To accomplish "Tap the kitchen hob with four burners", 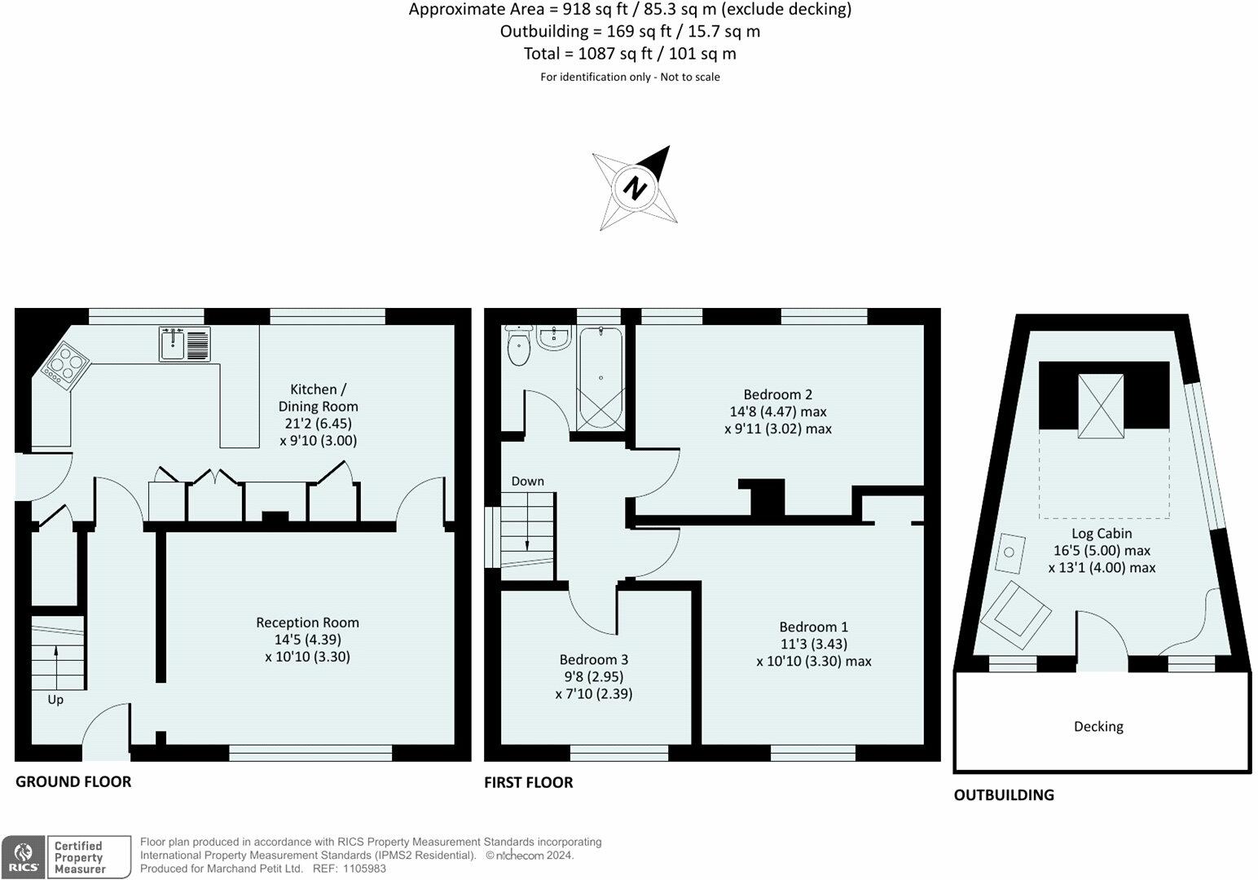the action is (64, 366).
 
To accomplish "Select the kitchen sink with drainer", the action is (184, 344).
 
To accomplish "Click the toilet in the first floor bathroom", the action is (518, 344).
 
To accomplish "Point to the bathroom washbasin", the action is (554, 338).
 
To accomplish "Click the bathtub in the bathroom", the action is (600, 379).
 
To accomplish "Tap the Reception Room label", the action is (307, 623).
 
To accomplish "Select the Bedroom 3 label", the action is (594, 659).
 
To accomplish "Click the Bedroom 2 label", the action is (778, 394).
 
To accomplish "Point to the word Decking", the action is (1098, 727).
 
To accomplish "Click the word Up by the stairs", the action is (55, 700).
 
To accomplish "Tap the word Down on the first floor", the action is (527, 482).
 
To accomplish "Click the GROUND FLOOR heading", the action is (73, 781).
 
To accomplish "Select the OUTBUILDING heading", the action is (1004, 794).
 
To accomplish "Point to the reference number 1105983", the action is (365, 869).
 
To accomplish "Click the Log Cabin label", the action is (1102, 533).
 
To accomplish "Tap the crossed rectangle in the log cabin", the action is (1101, 406).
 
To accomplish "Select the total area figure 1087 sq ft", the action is (615, 54).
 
